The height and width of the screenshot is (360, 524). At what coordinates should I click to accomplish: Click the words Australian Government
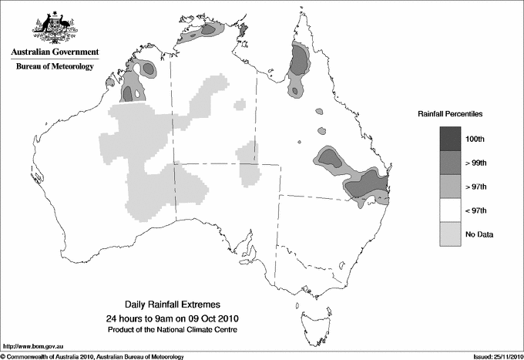coord(55,52)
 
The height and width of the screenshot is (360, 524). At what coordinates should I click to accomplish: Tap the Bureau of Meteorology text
coord(55,67)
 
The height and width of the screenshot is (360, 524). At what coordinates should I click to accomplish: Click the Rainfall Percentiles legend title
coord(450,113)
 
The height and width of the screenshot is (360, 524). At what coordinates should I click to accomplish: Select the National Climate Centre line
coord(173,330)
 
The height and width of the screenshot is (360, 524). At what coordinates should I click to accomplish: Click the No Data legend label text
coord(479,234)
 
